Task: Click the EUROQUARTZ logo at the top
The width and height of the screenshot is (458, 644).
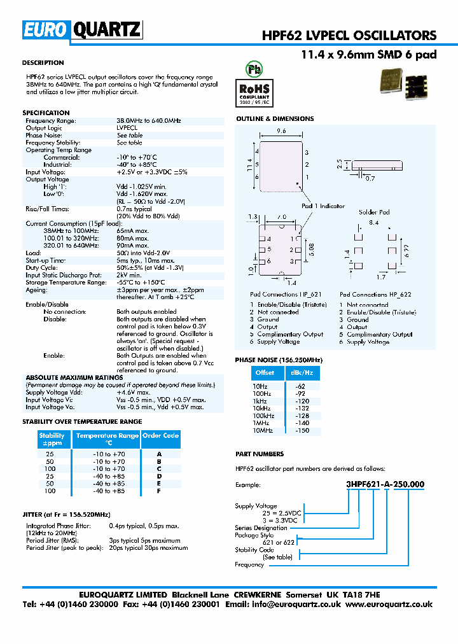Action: pos(82,29)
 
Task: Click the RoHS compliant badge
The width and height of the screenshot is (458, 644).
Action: pos(254,91)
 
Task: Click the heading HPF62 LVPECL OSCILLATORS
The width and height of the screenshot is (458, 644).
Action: pos(349,36)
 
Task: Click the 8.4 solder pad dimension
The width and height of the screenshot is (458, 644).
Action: pos(373,223)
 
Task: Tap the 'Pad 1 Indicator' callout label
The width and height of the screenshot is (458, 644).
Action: pos(323,206)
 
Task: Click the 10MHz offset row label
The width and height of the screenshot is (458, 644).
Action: pos(262,431)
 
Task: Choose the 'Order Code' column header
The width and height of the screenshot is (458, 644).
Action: pos(160,436)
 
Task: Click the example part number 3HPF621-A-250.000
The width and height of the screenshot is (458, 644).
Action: pos(385,484)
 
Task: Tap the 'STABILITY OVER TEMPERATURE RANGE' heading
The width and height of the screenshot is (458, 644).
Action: pos(82,422)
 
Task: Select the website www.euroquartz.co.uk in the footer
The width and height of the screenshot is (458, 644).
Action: pos(389,605)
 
